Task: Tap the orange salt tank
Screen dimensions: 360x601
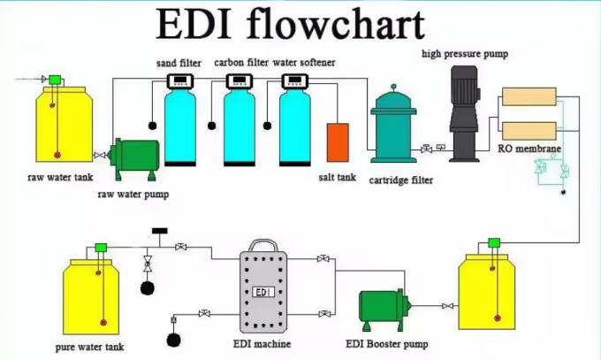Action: tap(338, 142)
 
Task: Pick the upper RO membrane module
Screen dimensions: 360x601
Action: tap(528, 97)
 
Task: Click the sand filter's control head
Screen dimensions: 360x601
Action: tap(180, 81)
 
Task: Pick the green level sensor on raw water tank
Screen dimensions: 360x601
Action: tap(54, 80)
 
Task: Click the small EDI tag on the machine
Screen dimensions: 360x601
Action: tap(262, 291)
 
